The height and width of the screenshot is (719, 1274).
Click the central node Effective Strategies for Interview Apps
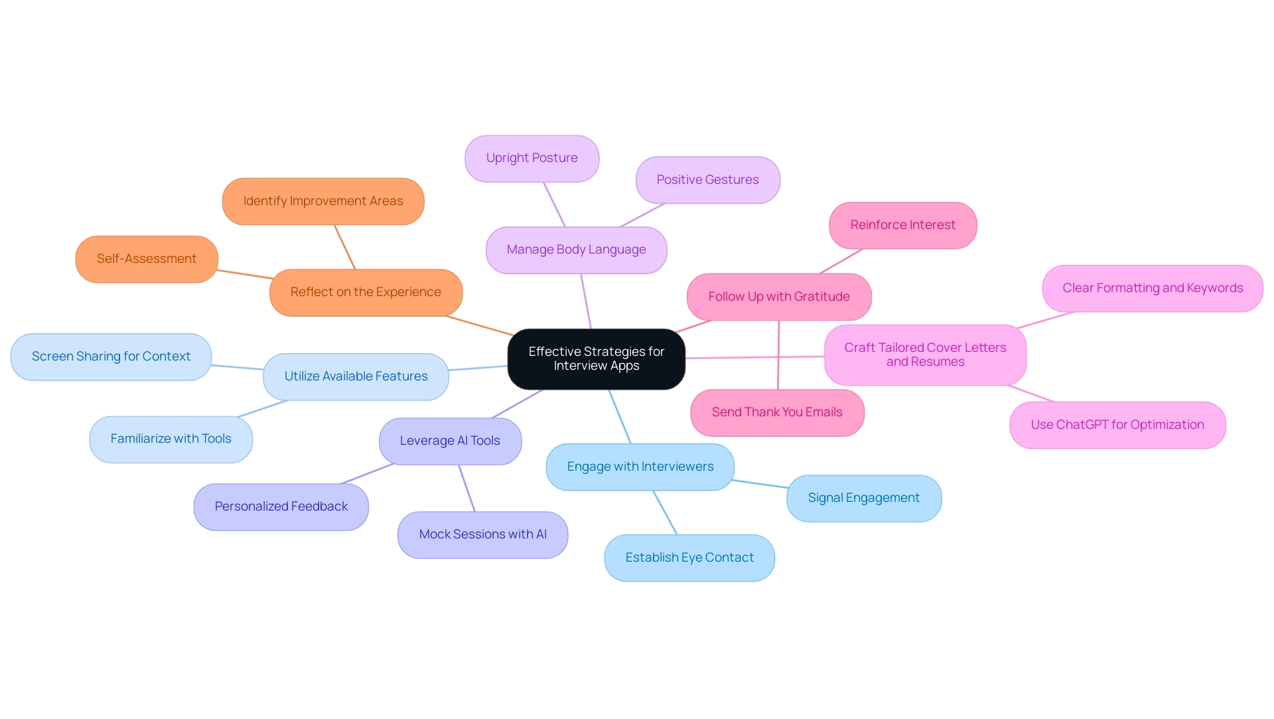tap(596, 359)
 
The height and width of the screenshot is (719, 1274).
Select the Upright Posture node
tap(531, 159)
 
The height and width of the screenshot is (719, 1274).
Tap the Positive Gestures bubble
tap(707, 180)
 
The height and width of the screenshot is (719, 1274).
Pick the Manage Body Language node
tap(576, 250)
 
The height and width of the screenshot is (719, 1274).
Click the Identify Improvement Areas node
tap(323, 201)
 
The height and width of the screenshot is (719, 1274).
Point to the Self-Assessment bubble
tap(147, 259)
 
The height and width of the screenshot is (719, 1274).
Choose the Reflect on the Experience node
tap(366, 292)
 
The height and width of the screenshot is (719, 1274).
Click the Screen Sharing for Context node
tap(111, 357)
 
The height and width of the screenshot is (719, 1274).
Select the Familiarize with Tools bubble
tap(171, 439)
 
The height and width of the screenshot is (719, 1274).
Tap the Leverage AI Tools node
tap(450, 441)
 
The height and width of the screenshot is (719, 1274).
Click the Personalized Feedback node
tap(281, 507)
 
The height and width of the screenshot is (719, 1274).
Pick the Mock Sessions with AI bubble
tap(482, 534)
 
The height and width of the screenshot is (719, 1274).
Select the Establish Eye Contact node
tap(689, 558)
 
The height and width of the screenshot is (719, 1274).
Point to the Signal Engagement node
tap(863, 498)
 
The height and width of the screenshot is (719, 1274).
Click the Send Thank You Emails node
tap(777, 412)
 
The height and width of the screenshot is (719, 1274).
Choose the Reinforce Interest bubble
tap(902, 225)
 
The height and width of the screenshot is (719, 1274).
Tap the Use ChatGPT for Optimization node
tap(1117, 425)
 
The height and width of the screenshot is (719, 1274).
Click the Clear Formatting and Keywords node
tap(1153, 288)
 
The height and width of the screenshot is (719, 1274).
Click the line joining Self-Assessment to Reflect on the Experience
tap(244, 274)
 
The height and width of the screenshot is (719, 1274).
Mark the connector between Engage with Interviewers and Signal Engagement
tap(760, 484)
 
